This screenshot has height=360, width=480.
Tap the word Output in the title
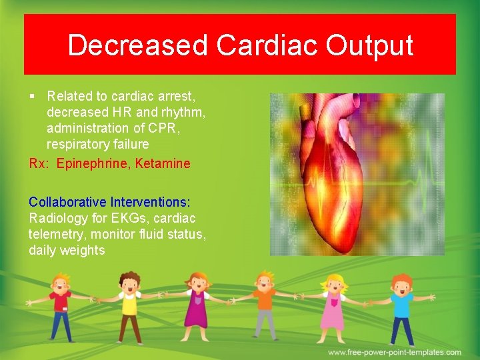pos(369,45)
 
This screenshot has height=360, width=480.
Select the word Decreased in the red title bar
pos(137,45)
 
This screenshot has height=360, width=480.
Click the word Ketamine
pos(163,163)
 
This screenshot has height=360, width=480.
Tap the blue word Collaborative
pos(67,201)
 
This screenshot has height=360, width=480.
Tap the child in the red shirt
pos(61,307)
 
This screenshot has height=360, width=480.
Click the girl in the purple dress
pos(197,307)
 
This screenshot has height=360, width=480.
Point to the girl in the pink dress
pos(332,307)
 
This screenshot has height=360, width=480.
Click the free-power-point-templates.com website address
pos(394,352)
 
